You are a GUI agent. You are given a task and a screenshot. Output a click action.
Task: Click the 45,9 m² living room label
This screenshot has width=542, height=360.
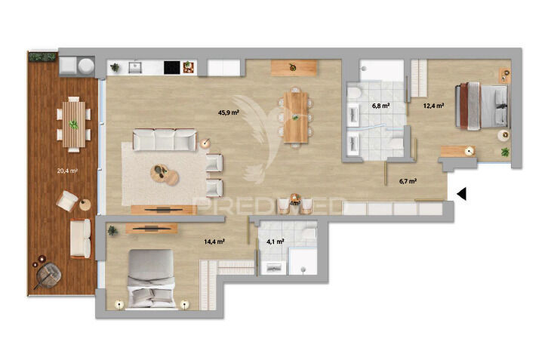(x=229, y=112)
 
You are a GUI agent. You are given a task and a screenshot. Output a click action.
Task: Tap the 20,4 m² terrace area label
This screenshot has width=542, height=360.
(x=68, y=171)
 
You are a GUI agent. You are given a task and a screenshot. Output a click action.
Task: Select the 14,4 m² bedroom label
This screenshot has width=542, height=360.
(x=215, y=242)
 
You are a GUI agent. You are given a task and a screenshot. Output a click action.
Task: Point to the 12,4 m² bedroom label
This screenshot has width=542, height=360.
(x=433, y=106)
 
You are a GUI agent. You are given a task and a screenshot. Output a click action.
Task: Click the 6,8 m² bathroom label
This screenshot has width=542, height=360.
(x=380, y=106)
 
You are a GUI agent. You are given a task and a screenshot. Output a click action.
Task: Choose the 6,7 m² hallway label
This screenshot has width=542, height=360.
(x=408, y=181)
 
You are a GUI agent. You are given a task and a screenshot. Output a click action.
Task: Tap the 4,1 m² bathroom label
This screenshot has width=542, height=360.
(x=275, y=242)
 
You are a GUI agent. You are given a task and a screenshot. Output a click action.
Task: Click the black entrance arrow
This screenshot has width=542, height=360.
(x=462, y=194)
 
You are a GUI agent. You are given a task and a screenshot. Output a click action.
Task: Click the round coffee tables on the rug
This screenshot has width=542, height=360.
(x=164, y=174)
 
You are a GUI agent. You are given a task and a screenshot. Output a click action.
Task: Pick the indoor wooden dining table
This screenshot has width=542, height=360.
(x=297, y=115)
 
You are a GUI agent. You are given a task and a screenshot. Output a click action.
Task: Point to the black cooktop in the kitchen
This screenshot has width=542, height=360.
(x=172, y=67)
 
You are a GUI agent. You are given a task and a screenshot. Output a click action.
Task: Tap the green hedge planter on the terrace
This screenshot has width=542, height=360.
(x=43, y=56)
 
